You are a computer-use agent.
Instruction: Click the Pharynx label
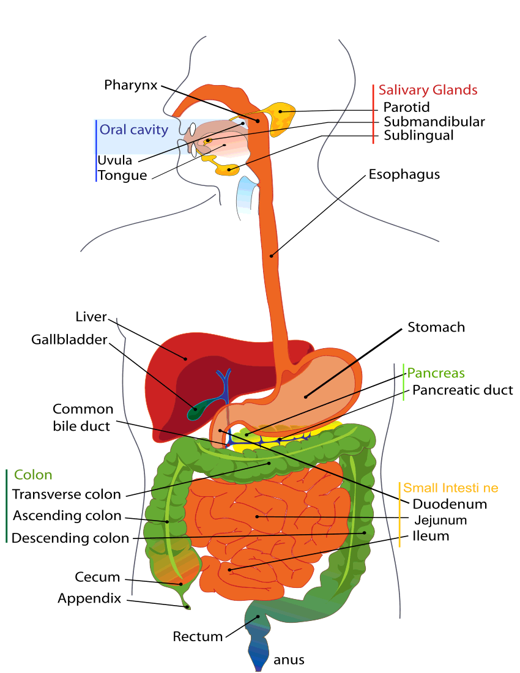pos(131,84)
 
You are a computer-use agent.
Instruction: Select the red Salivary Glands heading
pos(428,90)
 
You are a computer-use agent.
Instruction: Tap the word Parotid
pos(407,108)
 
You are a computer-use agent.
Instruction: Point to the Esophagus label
pos(404,174)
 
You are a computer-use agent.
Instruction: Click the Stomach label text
pos(436,327)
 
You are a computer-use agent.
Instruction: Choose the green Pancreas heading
pos(436,373)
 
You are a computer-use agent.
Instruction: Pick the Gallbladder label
pos(69,339)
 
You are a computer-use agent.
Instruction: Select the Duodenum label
pos(450,504)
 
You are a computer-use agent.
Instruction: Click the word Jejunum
pos(440,520)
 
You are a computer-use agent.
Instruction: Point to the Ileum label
pos(431,536)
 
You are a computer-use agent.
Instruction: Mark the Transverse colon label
pos(67,494)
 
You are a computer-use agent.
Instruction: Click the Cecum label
pos(97,577)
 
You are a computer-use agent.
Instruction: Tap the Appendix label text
pos(89,598)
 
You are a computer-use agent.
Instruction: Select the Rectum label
pos(198,636)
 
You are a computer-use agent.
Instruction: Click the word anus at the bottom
pos(289,660)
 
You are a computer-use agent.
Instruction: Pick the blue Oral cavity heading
pos(133,130)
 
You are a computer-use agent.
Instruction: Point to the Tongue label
pos(122,176)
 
